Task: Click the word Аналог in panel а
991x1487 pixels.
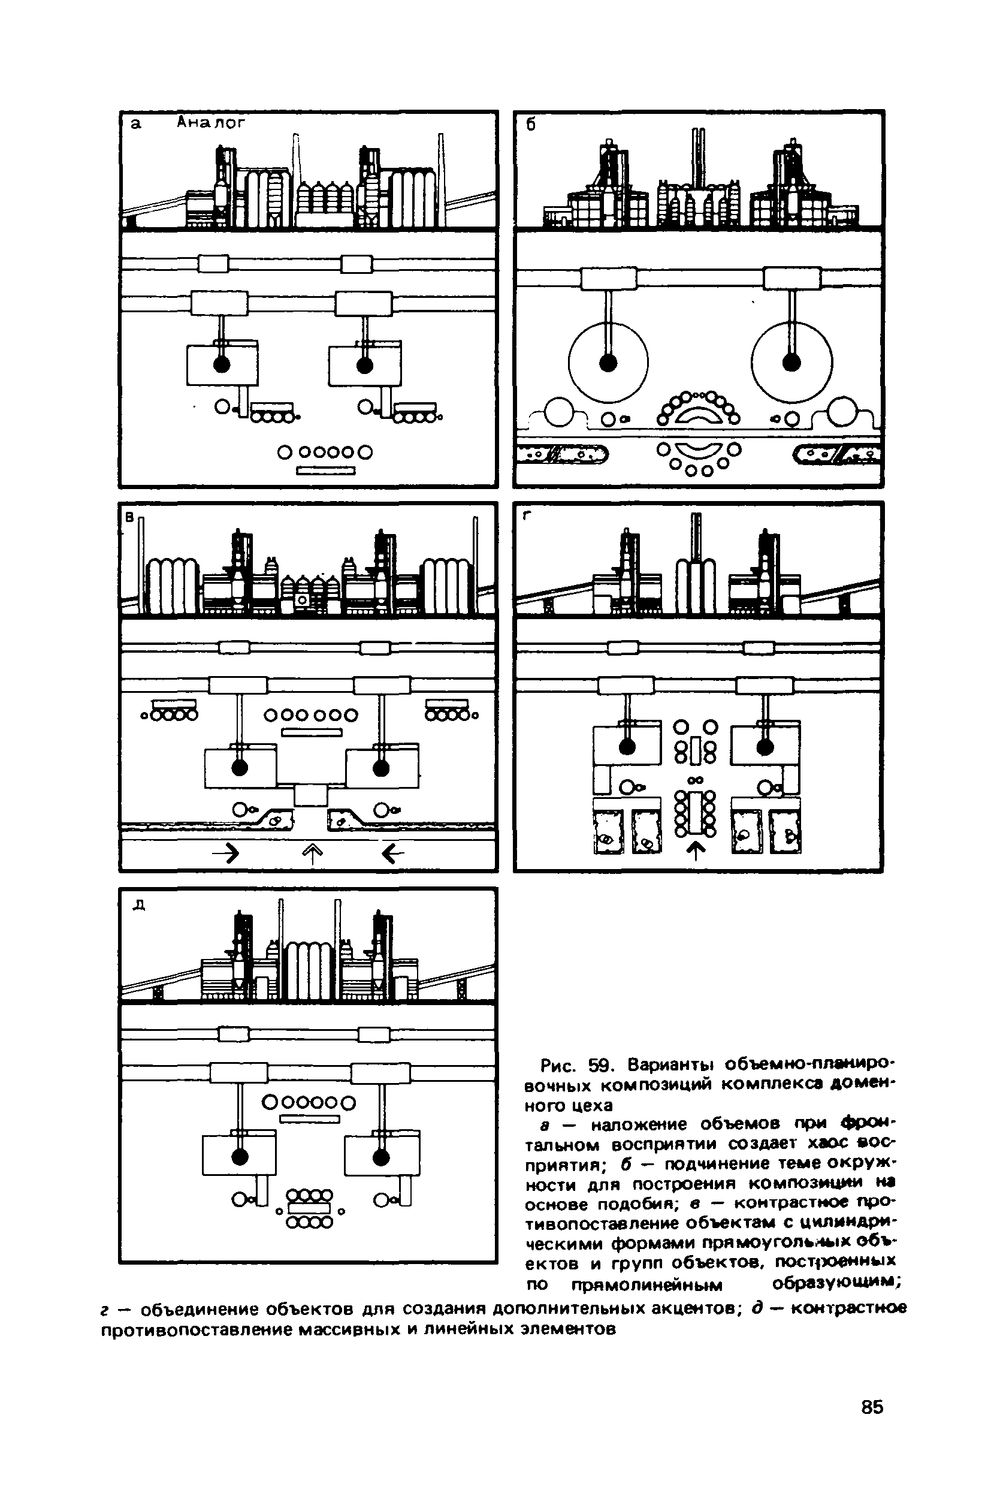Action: point(210,122)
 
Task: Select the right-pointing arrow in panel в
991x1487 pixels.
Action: point(228,855)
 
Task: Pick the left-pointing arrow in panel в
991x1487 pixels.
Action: point(392,855)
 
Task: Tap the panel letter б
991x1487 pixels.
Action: point(531,125)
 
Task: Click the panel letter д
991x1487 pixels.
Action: point(139,906)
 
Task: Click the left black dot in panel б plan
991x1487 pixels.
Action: point(608,362)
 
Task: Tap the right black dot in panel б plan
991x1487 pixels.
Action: point(791,362)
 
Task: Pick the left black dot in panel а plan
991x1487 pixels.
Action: point(222,364)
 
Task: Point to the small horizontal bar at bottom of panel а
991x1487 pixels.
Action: point(326,470)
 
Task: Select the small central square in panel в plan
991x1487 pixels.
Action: point(311,795)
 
